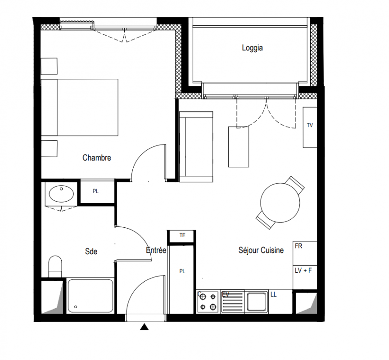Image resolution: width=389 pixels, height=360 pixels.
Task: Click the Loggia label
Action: (x=252, y=48)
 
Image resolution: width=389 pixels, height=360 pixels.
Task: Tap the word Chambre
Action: (x=96, y=157)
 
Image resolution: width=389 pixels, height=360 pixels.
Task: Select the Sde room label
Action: (x=91, y=252)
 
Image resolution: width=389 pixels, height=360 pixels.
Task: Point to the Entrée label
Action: (x=156, y=250)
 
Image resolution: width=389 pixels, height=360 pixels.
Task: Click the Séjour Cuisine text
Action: (x=261, y=250)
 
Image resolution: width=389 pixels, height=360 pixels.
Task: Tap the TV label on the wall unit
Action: (x=310, y=126)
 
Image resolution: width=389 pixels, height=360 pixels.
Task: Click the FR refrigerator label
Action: (x=299, y=246)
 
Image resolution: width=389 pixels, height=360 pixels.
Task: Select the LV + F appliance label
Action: (x=303, y=270)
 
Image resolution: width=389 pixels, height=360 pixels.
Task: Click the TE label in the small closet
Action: (x=182, y=235)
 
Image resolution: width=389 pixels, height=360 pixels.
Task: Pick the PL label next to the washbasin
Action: (x=95, y=191)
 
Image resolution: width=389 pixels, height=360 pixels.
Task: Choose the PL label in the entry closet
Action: (x=182, y=271)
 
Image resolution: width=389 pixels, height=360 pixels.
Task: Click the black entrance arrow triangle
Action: (x=144, y=327)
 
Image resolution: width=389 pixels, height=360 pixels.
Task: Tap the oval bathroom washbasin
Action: (x=61, y=193)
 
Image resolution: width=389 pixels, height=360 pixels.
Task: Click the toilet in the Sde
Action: (x=55, y=266)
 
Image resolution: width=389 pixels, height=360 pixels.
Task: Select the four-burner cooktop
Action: (x=208, y=302)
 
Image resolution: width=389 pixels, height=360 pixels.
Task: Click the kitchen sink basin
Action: (x=256, y=301)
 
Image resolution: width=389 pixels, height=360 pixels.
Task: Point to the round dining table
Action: (x=280, y=202)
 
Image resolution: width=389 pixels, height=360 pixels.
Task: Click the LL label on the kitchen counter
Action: (x=273, y=295)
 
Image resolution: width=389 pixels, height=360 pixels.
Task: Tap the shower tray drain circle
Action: (x=76, y=307)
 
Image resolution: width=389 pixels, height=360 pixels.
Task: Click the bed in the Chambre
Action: (x=80, y=108)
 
